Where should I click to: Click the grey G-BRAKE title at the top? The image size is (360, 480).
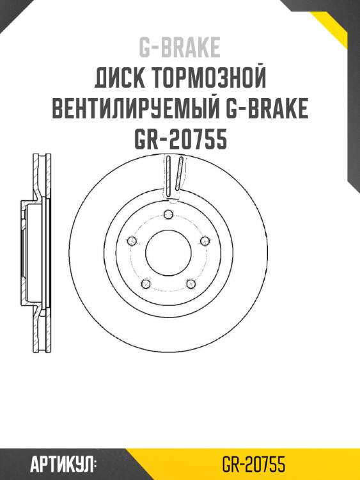pos(180,47)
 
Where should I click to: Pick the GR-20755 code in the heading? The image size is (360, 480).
pos(180,139)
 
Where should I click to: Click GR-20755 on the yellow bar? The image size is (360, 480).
pos(254,464)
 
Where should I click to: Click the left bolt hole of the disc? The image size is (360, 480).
pos(132,241)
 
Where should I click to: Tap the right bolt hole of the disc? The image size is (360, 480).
pos(205,241)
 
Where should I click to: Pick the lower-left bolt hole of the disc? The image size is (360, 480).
pos(146,283)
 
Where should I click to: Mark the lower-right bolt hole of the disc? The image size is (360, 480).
pos(191,283)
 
